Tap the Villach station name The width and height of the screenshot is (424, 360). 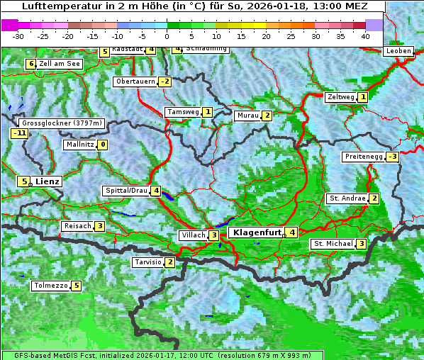[192, 235]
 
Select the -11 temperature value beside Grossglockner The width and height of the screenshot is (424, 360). [19, 133]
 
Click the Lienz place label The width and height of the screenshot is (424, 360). [48, 181]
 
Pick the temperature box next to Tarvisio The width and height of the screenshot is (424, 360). [169, 262]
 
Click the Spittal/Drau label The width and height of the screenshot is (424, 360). [125, 191]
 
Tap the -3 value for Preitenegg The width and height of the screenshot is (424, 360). [392, 157]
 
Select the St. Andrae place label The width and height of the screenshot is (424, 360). [346, 198]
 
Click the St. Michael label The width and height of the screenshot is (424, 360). [333, 244]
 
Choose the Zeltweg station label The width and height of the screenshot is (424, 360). [340, 97]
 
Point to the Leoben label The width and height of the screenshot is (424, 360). [398, 51]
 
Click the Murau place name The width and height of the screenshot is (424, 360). [247, 116]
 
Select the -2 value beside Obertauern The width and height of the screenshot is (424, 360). [164, 81]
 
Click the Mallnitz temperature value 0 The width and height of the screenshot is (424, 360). [103, 145]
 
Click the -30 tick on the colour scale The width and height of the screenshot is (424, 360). [18, 35]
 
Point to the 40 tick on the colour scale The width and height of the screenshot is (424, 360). [365, 35]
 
